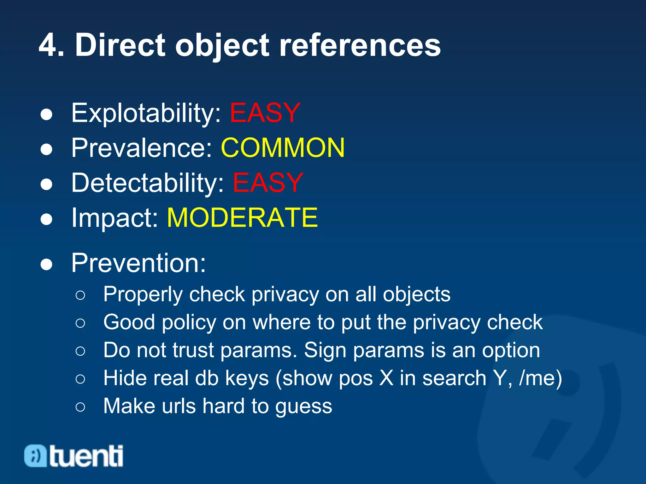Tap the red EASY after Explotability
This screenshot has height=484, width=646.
[265, 113]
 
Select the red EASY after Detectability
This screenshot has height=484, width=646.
[268, 183]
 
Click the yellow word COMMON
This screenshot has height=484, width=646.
[283, 148]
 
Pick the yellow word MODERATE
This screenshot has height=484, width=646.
[242, 217]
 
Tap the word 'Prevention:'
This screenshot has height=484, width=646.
[138, 263]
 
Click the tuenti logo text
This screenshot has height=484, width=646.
[86, 456]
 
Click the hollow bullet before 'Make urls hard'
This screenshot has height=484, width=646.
[80, 406]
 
